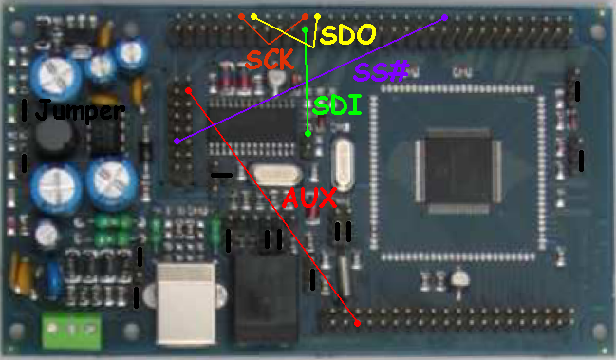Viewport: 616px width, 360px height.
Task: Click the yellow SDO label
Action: coord(348,34)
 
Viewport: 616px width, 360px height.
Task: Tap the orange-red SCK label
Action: coord(270,60)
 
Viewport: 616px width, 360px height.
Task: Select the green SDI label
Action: coord(337,105)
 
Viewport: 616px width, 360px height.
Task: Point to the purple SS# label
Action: coord(381,71)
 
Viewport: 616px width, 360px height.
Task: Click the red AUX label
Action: coord(309,198)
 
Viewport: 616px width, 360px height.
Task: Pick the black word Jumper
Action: coord(80,110)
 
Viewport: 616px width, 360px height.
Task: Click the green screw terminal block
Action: coord(71,330)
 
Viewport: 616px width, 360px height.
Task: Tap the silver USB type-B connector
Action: coord(186,303)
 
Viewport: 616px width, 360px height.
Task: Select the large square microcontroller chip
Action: coord(458,171)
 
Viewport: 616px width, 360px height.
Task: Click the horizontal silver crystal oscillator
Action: coord(275,174)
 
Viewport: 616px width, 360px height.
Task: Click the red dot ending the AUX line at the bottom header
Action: coord(357,323)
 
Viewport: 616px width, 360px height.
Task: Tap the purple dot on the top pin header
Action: coord(445,17)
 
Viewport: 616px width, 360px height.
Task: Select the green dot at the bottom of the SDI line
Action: coord(308,134)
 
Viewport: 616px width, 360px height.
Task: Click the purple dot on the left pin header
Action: coord(177,141)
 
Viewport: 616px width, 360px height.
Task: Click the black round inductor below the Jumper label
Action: coord(54,135)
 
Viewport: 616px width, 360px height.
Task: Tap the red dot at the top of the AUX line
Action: coord(189,91)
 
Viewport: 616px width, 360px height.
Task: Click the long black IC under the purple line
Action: coord(252,125)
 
